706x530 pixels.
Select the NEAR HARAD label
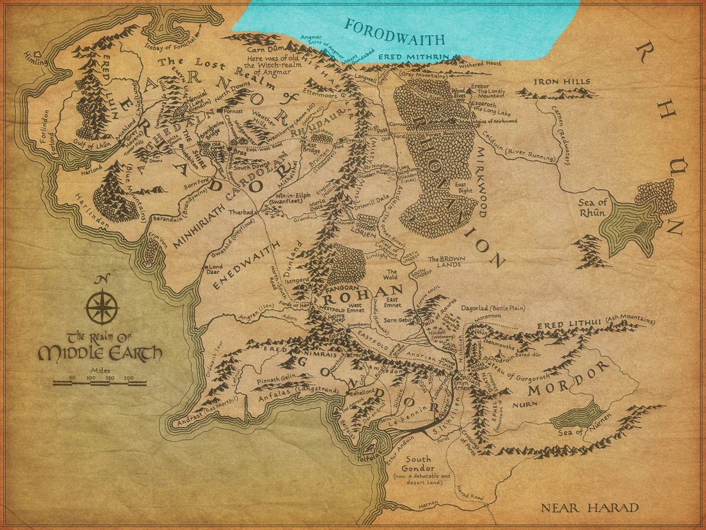point(590,508)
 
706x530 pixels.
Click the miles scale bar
point(99,382)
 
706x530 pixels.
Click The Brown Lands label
point(450,261)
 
